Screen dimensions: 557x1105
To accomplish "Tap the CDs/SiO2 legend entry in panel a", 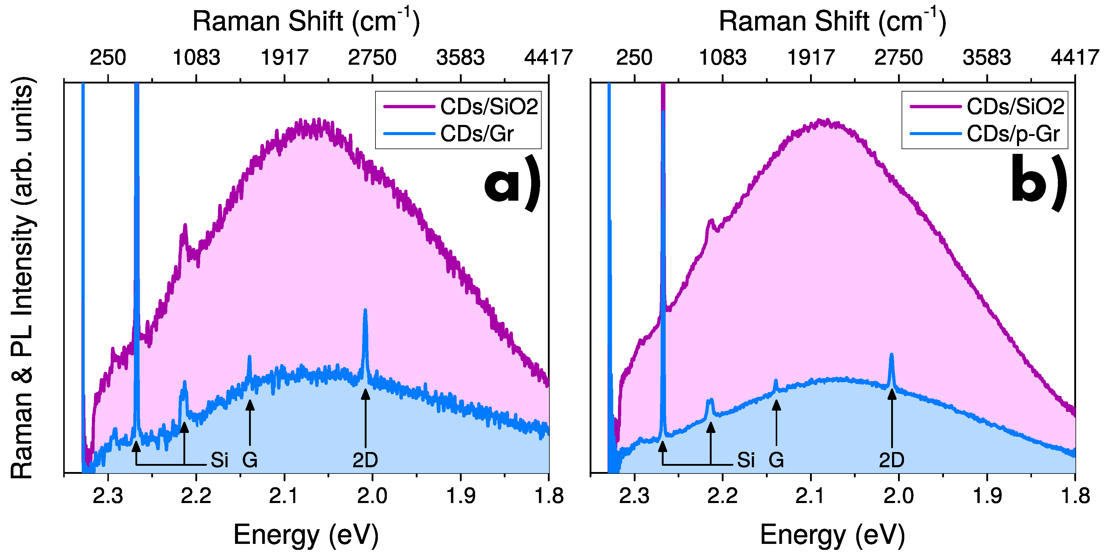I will click(x=488, y=106).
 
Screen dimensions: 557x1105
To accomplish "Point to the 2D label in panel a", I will click(x=365, y=460).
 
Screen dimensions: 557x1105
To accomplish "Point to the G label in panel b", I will click(x=776, y=460).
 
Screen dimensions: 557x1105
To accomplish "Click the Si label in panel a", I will click(x=219, y=460).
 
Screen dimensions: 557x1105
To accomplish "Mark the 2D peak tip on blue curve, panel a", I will click(x=365, y=310).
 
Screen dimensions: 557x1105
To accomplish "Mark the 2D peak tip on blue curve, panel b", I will click(x=891, y=355).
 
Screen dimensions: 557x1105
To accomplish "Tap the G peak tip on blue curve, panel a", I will click(x=249, y=356).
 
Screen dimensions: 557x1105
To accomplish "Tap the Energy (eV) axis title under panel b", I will click(x=832, y=535).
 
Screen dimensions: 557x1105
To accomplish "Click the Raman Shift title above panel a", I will click(x=306, y=21).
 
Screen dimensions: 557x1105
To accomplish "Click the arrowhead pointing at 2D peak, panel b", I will click(x=892, y=394).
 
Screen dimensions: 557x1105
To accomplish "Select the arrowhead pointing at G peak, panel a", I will click(x=250, y=404).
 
